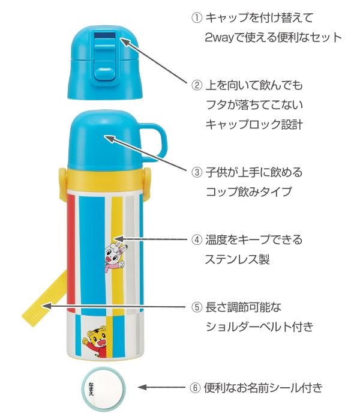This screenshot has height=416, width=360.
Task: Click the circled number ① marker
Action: pos(197,18)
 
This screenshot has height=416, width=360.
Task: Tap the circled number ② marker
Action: pos(197,85)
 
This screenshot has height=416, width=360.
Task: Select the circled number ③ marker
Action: pos(197,172)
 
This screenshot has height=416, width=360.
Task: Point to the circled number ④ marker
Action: pos(197,240)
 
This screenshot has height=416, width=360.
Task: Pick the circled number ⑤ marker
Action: pos(197,307)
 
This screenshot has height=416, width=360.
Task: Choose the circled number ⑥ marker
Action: pos(195,388)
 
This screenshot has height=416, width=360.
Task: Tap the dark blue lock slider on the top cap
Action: pos(106,35)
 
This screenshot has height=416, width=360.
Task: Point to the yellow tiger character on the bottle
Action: pos(95,342)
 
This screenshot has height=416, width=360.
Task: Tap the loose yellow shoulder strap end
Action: pos(44,298)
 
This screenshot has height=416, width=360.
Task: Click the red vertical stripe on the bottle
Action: pos(71,253)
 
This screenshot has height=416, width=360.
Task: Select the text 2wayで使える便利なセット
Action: pos(273,37)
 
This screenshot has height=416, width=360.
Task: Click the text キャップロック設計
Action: pos(254,124)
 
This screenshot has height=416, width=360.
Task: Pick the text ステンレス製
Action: pos(238,259)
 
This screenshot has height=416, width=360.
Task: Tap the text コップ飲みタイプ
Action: pos(248,191)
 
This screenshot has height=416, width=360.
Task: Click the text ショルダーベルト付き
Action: pos(259,327)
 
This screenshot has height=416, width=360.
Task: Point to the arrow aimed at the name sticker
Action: pos(161,387)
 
